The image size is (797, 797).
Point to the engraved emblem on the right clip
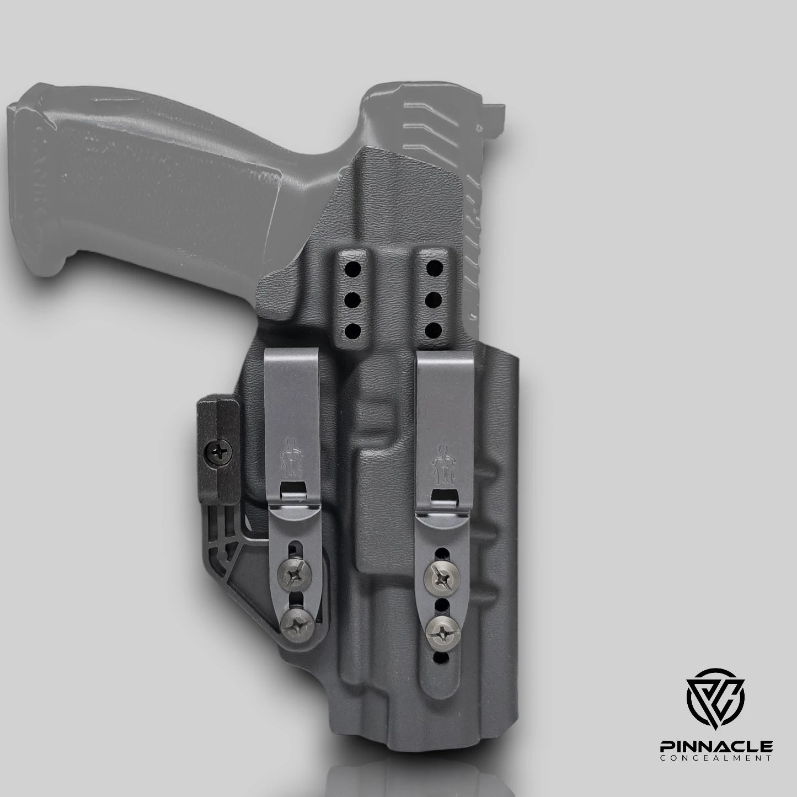click(x=442, y=461)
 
